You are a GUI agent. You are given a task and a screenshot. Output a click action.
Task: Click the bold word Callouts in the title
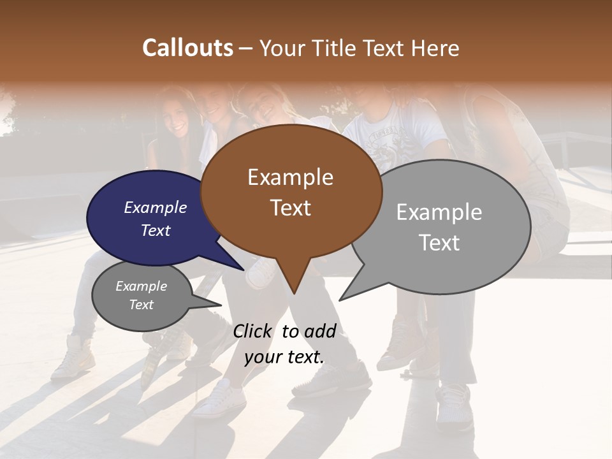click(x=187, y=48)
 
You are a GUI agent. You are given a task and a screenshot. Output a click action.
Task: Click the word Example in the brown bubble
click(x=290, y=177)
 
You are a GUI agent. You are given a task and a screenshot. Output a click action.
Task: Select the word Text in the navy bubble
click(x=156, y=231)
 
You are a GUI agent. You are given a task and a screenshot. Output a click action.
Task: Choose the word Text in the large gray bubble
click(x=439, y=243)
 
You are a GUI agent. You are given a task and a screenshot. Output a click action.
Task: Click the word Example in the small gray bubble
click(x=141, y=286)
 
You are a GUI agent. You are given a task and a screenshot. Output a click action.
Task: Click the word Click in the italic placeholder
click(x=253, y=331)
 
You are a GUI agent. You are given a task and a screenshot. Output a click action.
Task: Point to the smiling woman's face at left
click(x=177, y=118)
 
